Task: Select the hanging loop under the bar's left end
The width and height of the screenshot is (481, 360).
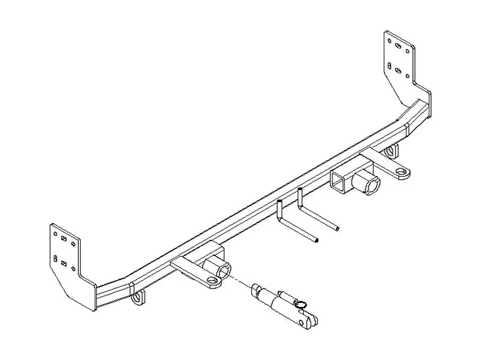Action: coord(139,297)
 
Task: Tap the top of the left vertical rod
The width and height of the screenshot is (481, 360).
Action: coord(280,203)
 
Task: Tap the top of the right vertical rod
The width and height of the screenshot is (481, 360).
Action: coord(299,191)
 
